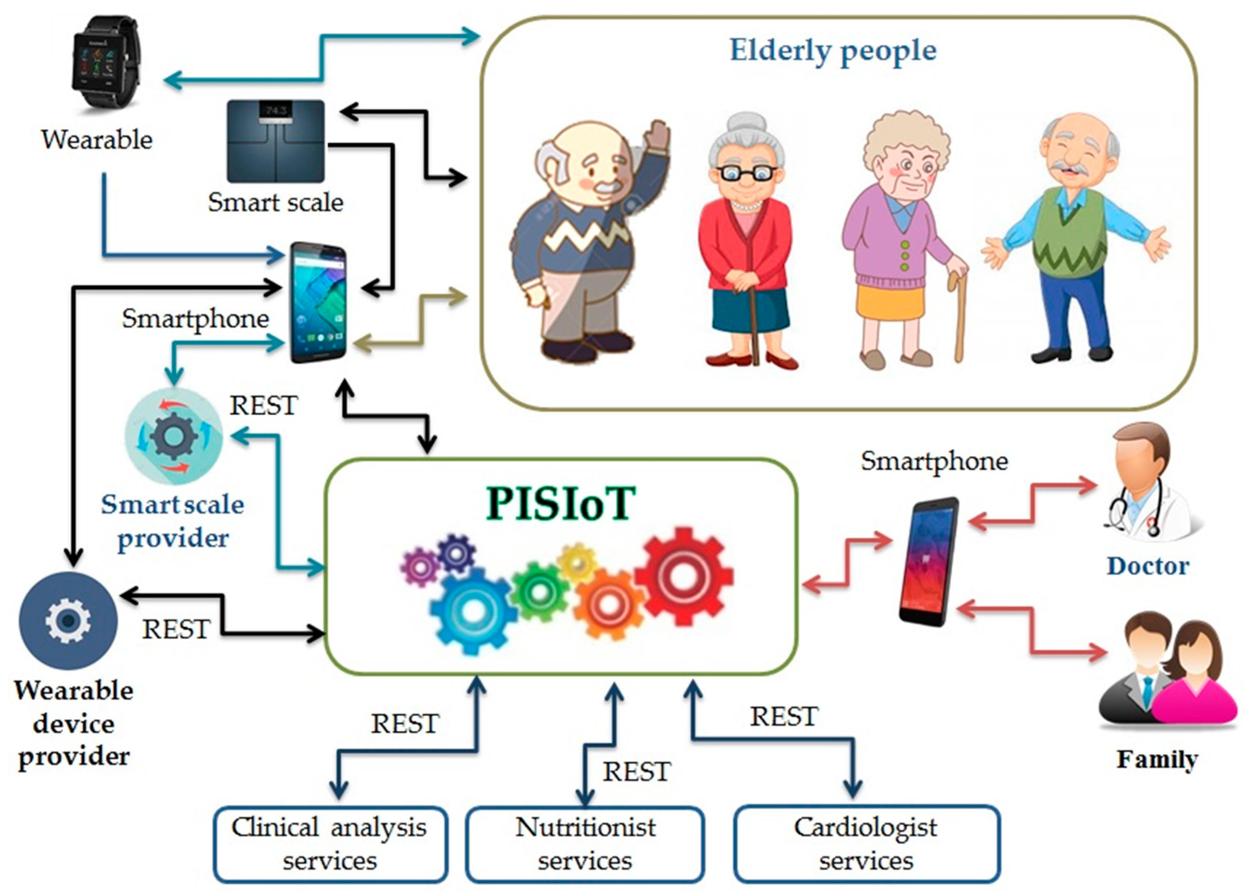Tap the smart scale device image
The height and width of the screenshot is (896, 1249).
[275, 141]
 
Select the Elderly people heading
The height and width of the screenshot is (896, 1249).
[833, 51]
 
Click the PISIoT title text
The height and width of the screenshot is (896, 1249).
[561, 503]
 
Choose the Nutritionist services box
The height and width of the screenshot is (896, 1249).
[585, 844]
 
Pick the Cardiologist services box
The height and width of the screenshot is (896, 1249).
[866, 844]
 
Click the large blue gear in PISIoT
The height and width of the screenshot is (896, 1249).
[472, 611]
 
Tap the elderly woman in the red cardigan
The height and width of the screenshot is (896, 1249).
[746, 242]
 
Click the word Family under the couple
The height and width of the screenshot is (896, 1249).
[1157, 759]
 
